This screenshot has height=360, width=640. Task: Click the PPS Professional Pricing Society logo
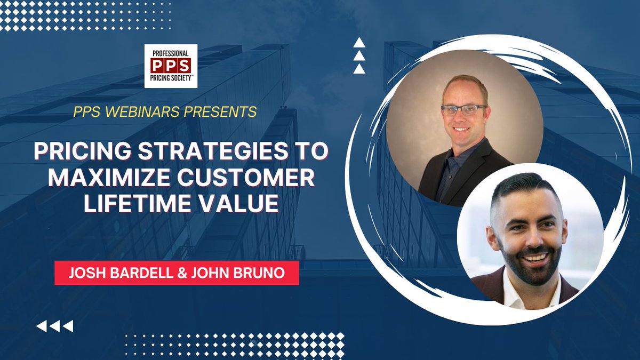pyautogui.click(x=171, y=66)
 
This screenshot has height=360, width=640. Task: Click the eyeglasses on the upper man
pyautogui.click(x=463, y=110)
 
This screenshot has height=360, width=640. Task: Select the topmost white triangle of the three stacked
pyautogui.click(x=359, y=42)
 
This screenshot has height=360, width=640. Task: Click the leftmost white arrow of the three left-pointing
pyautogui.click(x=41, y=326)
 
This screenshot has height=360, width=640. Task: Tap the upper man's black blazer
pyautogui.click(x=480, y=176)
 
